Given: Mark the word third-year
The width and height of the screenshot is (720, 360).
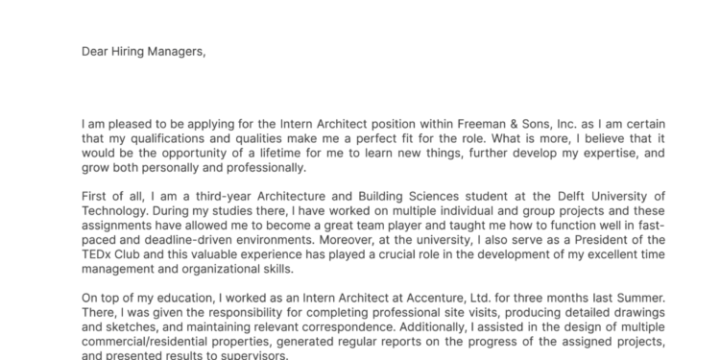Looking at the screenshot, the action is [201, 196].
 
